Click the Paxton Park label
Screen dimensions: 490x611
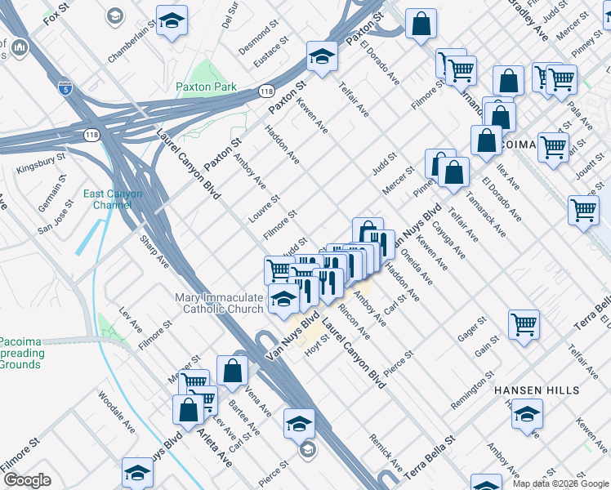tap(206, 87)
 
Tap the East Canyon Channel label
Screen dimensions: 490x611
tap(113, 199)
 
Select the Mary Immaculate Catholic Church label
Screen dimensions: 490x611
tap(219, 303)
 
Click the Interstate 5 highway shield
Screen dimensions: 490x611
tap(64, 86)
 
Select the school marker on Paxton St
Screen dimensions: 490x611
tap(322, 57)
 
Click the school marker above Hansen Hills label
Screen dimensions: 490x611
tap(527, 414)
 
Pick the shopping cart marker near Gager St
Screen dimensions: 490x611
tap(524, 323)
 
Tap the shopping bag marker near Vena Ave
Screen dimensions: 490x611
tap(233, 370)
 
